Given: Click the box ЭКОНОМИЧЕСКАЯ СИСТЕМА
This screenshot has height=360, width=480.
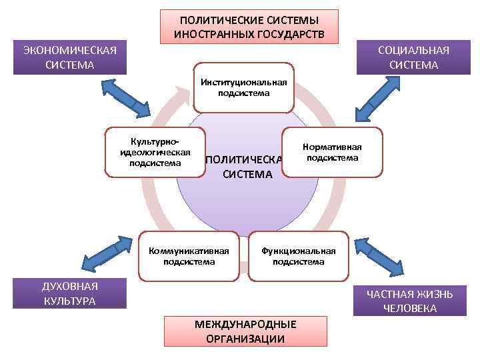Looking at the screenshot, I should pyautogui.click(x=70, y=57).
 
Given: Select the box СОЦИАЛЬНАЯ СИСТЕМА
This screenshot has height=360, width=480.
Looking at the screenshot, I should pyautogui.click(x=413, y=57).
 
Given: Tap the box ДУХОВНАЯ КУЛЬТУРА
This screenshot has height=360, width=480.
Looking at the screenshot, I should pyautogui.click(x=70, y=293).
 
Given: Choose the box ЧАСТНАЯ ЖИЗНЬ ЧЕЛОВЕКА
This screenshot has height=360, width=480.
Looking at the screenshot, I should pyautogui.click(x=410, y=301).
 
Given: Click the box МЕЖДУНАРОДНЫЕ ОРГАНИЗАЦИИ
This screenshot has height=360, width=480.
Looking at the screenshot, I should pyautogui.click(x=245, y=331).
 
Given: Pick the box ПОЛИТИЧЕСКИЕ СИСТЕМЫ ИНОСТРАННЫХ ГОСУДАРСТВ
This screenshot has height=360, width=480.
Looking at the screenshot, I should pyautogui.click(x=249, y=27).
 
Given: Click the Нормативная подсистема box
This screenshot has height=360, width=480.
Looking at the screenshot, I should pyautogui.click(x=332, y=152).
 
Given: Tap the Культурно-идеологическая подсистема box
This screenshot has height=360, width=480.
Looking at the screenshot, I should pyautogui.click(x=155, y=153).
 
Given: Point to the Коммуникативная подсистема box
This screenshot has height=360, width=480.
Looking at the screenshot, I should pyautogui.click(x=189, y=256).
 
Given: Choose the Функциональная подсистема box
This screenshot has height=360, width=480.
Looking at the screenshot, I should pyautogui.click(x=298, y=256).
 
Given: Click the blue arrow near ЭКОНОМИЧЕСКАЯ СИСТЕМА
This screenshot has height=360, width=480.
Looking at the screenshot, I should pyautogui.click(x=126, y=95).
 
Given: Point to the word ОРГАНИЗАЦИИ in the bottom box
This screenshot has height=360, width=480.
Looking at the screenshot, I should pyautogui.click(x=245, y=339).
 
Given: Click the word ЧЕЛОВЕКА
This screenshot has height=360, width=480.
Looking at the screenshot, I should pyautogui.click(x=410, y=309).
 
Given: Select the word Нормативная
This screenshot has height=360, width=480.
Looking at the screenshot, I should pyautogui.click(x=332, y=147).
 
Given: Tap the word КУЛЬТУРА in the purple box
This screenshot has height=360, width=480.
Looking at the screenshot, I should pyautogui.click(x=70, y=301).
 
